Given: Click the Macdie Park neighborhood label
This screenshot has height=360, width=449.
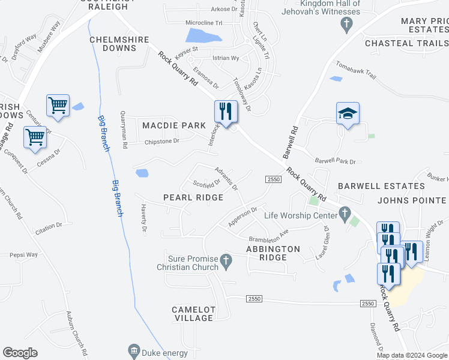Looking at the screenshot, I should coord(173,125).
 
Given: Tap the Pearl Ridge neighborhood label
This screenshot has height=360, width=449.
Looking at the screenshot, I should coord(193,197).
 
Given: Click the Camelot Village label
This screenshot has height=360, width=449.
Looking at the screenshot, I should coord(193,314).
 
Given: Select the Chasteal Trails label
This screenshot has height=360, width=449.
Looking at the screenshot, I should coord(406,43).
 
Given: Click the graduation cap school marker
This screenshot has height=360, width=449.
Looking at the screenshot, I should coord(348,113).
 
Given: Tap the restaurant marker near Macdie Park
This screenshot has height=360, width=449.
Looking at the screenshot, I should coord(226,112).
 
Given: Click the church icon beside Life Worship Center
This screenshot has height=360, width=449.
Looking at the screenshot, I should coord(345,214).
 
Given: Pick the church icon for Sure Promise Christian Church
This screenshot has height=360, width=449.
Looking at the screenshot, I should coord(226,261).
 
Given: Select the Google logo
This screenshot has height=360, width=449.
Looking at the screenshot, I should coord(20,352).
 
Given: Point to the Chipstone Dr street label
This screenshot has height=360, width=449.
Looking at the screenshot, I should coord(162,142).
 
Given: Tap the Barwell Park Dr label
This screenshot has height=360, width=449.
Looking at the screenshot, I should coord(336,161).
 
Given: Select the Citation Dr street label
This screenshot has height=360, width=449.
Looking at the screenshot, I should coord(49,226).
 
